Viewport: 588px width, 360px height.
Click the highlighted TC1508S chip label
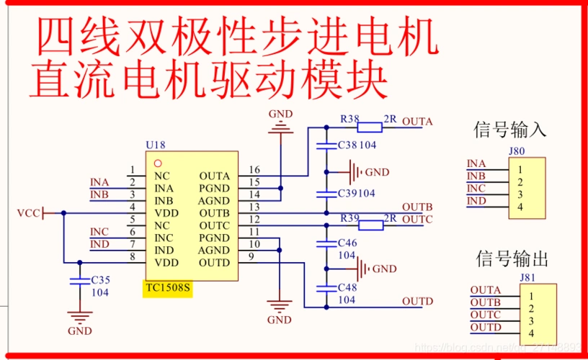[x=168, y=289]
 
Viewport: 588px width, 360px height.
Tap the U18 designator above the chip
[x=155, y=145]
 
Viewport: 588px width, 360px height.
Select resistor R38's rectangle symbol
[x=370, y=128]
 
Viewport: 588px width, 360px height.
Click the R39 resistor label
[x=349, y=217]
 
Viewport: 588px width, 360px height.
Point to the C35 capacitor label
[x=101, y=279]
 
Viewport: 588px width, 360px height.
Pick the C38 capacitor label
[x=347, y=145]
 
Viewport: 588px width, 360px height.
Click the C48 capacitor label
[x=347, y=287]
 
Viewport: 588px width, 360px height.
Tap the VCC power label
[x=28, y=213]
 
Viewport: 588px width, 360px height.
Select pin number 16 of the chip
[x=254, y=170]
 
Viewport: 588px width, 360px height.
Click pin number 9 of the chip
[x=251, y=257]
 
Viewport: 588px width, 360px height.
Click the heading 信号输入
[x=509, y=130]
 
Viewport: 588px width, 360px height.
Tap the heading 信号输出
[x=512, y=258]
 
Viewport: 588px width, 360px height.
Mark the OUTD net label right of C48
[x=417, y=301]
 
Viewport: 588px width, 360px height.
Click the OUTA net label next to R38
[x=417, y=121]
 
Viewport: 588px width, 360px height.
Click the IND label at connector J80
[x=476, y=201]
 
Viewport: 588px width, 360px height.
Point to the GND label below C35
[x=79, y=331]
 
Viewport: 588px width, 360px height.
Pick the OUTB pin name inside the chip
[x=214, y=213]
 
